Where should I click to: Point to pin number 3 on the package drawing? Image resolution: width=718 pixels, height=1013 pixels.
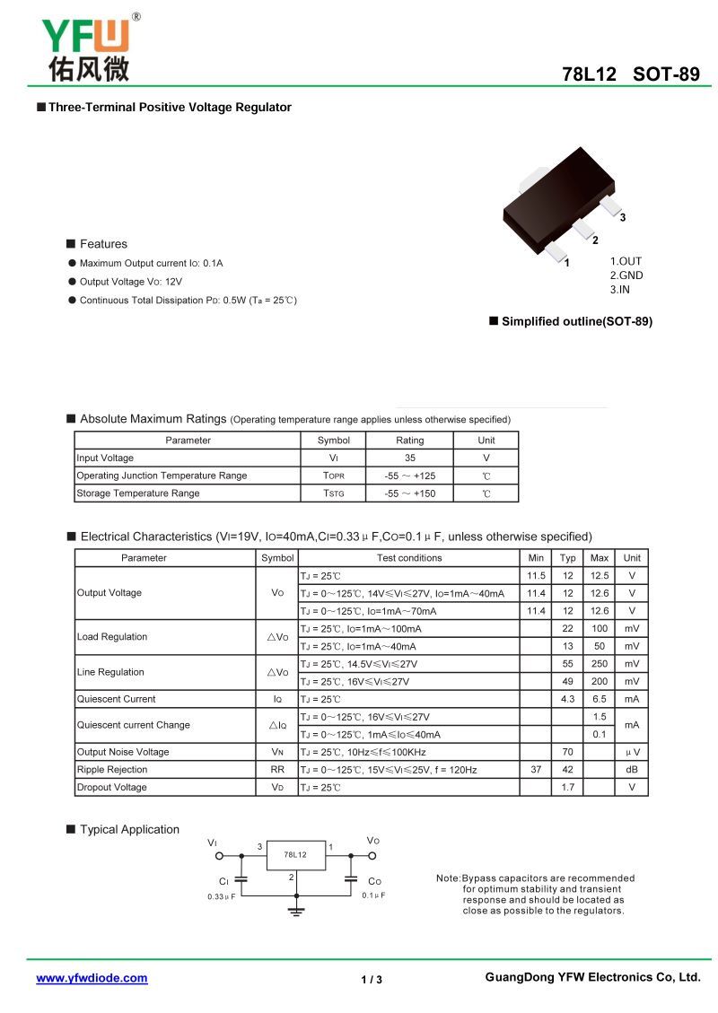click(x=622, y=218)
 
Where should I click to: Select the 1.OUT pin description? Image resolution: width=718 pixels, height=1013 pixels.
click(x=626, y=262)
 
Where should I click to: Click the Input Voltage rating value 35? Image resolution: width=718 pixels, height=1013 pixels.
click(x=409, y=458)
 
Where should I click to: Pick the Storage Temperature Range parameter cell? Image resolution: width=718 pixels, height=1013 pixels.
click(x=138, y=493)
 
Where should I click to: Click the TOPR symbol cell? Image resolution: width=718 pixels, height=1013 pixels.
click(x=333, y=476)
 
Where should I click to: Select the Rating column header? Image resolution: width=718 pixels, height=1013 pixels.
click(x=409, y=441)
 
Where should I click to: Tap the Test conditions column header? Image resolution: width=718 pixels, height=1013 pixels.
click(x=409, y=558)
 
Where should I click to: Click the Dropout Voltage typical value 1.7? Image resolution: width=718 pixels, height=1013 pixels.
click(x=567, y=787)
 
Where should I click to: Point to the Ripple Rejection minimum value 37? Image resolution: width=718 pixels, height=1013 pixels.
click(x=536, y=770)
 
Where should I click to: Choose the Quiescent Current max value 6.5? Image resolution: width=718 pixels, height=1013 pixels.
click(x=599, y=699)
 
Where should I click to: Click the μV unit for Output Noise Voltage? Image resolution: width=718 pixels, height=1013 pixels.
click(x=632, y=752)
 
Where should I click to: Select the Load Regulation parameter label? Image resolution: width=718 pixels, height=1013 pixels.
click(x=112, y=637)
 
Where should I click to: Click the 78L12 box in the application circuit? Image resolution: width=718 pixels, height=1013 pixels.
click(x=295, y=854)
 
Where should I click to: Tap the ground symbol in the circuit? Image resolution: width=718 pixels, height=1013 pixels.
click(x=295, y=911)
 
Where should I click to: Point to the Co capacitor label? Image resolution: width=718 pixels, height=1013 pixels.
click(x=374, y=882)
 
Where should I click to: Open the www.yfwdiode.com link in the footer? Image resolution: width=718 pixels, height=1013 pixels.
click(x=92, y=978)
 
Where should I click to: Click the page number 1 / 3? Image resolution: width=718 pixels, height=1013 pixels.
click(x=372, y=979)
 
